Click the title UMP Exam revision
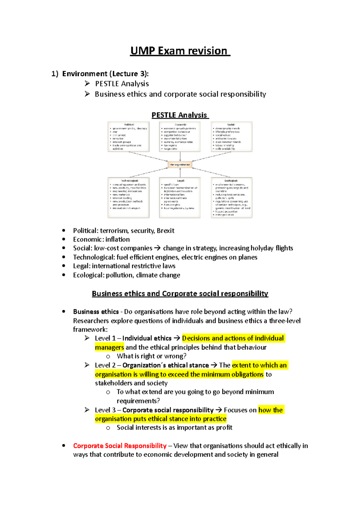(180, 51)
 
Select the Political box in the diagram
(128, 137)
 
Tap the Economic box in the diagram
(180, 137)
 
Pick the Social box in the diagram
(231, 137)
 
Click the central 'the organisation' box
(180, 165)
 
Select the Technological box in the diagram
(128, 198)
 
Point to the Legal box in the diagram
(180, 198)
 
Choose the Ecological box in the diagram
(231, 198)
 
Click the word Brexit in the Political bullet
(165, 231)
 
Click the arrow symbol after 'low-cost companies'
(157, 248)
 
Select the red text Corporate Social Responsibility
(120, 446)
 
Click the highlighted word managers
(109, 347)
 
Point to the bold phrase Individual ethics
(147, 338)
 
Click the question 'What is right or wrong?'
(151, 356)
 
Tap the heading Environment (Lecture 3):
(105, 74)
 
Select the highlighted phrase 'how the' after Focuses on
(271, 410)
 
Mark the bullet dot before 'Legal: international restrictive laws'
(64, 266)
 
